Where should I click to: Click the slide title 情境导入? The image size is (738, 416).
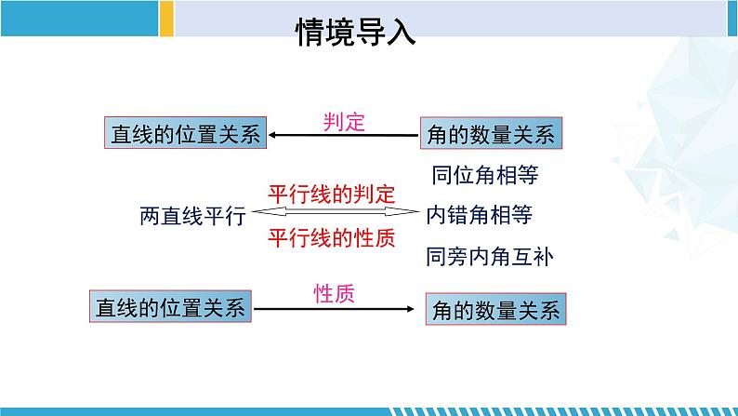point(355,32)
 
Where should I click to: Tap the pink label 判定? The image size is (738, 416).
point(344,122)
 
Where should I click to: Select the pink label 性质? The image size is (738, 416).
point(335,293)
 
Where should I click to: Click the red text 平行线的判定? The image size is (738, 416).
point(331,195)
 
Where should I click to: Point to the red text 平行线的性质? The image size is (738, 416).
point(331,237)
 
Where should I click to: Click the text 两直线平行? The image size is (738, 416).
point(192,216)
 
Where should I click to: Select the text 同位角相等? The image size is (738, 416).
point(485,175)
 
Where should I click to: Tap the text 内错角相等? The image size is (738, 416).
point(479,215)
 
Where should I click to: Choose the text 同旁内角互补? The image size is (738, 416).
point(490,257)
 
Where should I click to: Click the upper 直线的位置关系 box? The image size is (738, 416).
point(186,133)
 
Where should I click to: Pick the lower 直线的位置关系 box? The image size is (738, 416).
point(170,307)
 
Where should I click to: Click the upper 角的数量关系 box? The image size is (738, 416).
point(491,133)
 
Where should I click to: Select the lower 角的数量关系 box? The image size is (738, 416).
point(495,309)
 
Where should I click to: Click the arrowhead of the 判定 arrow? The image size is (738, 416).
point(271,135)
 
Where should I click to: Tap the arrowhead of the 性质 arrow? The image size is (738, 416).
point(411,309)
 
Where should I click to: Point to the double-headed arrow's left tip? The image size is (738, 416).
point(253,212)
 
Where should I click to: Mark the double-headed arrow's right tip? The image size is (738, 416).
point(418,212)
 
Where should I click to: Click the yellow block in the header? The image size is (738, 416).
point(166,19)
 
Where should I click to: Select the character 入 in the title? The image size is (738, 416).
point(402,32)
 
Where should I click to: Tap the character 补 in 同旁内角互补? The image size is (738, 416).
point(543,257)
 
